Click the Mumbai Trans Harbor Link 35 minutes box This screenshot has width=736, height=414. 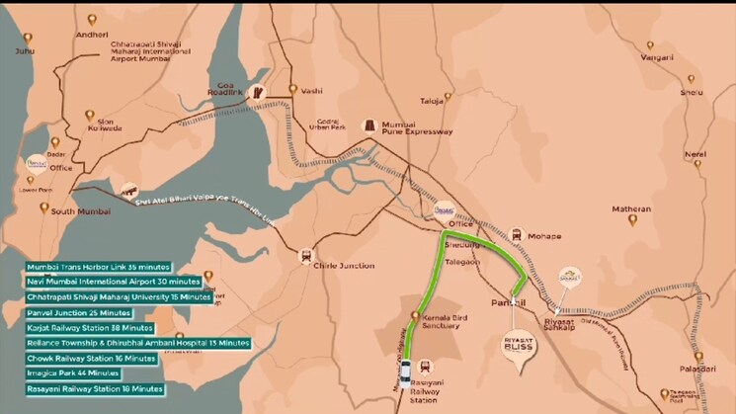[99, 267]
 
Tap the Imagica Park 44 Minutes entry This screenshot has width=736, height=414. [74, 373]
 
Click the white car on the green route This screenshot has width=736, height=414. [405, 373]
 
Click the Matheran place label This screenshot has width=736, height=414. [632, 209]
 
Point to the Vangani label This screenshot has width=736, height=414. [656, 57]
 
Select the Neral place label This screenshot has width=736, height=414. [695, 155]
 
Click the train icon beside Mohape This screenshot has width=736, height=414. [517, 235]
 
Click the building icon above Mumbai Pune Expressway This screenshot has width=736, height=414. [370, 124]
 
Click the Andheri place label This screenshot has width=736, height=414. [91, 34]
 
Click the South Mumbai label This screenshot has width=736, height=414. [76, 210]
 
